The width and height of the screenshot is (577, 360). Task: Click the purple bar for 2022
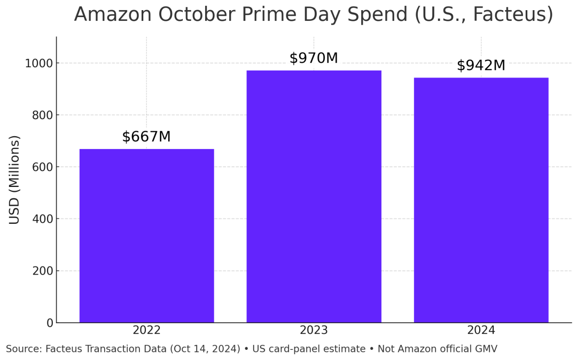[146, 236]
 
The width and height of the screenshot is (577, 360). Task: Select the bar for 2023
[314, 196]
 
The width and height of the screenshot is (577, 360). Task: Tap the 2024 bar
[481, 200]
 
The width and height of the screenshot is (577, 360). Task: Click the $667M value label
[146, 137]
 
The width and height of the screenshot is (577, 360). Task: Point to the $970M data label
[314, 58]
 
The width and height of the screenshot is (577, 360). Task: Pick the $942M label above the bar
[481, 66]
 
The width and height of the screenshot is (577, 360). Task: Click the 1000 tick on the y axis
[39, 64]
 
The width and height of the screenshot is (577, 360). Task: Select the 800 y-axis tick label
[42, 115]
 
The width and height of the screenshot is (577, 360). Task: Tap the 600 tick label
[42, 167]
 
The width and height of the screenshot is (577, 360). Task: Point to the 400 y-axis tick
[42, 219]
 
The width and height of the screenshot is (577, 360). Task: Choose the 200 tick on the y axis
[42, 271]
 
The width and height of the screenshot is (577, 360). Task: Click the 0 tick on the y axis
[50, 323]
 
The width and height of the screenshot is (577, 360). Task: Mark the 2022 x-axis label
[146, 331]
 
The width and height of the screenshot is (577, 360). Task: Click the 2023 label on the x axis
[314, 331]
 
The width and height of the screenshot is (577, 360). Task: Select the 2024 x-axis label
[481, 331]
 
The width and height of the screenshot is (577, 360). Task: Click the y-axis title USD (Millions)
[15, 179]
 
